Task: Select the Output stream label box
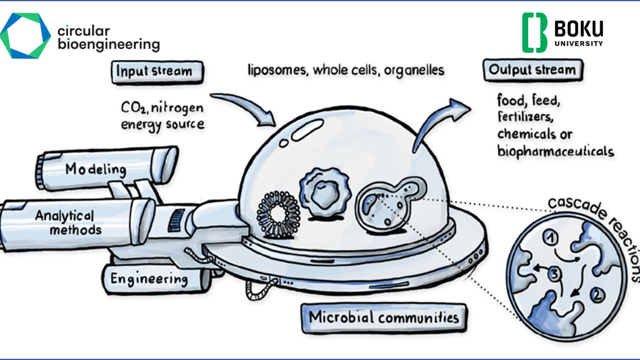coord(532,70)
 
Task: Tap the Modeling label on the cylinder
coord(96,169)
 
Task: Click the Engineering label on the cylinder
coord(149,278)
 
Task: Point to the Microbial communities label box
coord(383,318)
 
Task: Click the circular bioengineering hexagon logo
coord(25,36)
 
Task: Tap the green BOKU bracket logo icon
coord(534,32)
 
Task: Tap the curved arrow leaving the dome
coord(438,121)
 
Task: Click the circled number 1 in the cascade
coord(550,237)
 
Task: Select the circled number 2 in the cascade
coord(597,294)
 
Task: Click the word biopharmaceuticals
coord(555,150)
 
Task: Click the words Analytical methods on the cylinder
coord(67,222)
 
